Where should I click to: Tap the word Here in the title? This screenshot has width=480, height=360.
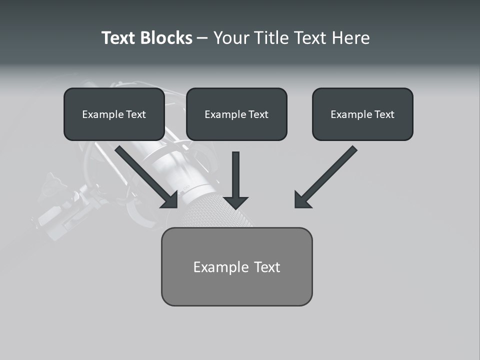coord(351,38)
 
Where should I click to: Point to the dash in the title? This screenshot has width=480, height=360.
coord(202,38)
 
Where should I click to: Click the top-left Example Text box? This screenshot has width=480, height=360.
coord(114,114)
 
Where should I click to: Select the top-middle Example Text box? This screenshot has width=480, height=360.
coord(236,114)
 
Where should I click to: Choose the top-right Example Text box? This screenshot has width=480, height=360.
coord(362,114)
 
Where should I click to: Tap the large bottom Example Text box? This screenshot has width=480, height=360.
coord(236,266)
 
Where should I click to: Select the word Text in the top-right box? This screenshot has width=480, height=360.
coord(384,114)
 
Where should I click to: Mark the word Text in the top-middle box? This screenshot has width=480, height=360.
coord(258,114)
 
